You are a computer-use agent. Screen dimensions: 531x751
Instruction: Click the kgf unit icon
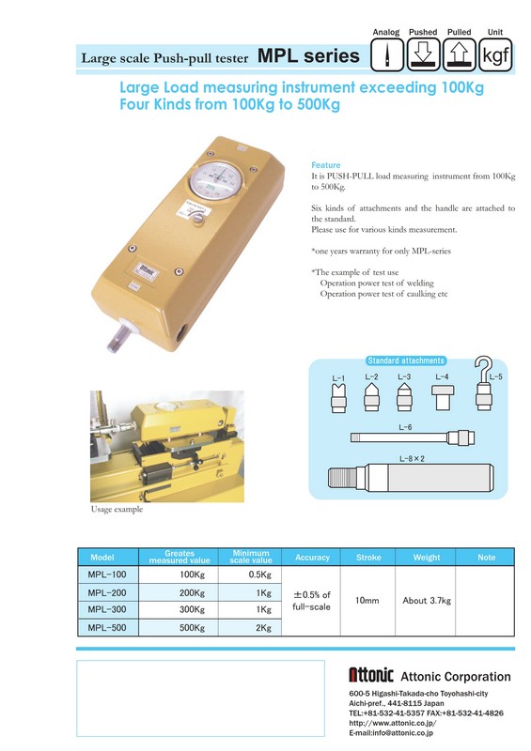coord(496,55)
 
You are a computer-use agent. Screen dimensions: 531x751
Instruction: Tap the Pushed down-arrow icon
coord(423,55)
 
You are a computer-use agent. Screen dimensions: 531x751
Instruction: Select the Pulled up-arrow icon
coord(460,55)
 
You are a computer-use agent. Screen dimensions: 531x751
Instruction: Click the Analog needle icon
coord(387,55)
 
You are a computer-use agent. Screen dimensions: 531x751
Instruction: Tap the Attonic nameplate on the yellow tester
coord(147,272)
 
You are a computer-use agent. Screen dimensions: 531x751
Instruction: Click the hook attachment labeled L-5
coord(483,383)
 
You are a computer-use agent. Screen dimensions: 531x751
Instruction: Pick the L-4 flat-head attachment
coord(442,397)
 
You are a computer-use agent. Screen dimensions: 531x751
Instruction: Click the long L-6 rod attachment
coord(412,437)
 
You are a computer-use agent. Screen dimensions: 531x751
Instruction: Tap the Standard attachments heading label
coord(406,360)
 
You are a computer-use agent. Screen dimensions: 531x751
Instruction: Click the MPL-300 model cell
coord(107,609)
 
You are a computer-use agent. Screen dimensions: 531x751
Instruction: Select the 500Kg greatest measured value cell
coord(192,627)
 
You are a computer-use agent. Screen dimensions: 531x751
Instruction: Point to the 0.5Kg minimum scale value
coord(260,575)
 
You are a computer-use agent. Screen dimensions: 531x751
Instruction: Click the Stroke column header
coord(368,558)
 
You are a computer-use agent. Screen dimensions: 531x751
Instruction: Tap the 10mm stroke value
coord(367,600)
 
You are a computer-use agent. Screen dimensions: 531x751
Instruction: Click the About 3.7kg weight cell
coord(427,601)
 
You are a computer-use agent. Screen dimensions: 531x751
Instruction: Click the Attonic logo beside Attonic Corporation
coord(371,675)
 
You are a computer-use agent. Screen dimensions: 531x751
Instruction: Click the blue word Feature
coord(326,165)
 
